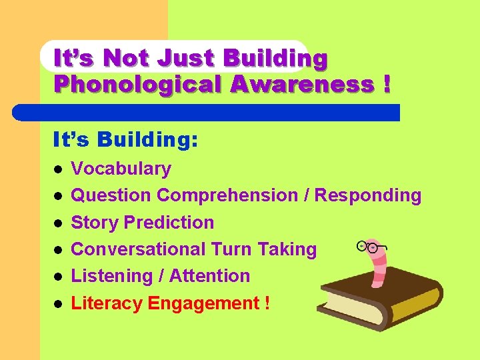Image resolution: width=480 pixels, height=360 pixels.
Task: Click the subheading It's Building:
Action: point(125,139)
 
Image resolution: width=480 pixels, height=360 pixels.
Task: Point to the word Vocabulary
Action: point(121,169)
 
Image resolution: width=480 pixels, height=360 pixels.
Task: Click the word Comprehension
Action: point(227,195)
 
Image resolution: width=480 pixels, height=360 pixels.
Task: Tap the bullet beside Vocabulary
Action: point(58,169)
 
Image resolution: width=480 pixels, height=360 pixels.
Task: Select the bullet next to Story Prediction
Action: point(58,223)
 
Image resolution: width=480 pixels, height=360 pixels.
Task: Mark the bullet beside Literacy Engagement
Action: point(58,303)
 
